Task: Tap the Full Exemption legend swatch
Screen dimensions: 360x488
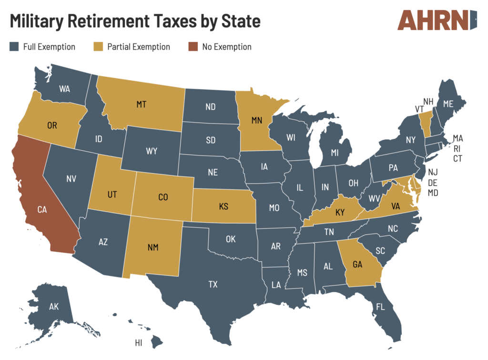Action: (x=14, y=47)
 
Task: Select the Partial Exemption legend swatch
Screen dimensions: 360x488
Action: (x=98, y=47)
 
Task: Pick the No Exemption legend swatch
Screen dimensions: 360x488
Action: (x=193, y=47)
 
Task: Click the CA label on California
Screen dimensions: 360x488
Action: (x=43, y=209)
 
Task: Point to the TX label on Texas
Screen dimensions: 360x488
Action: (x=213, y=285)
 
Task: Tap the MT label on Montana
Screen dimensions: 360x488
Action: (x=141, y=104)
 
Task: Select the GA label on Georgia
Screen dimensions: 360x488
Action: (x=358, y=264)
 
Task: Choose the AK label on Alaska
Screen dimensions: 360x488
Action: (x=54, y=307)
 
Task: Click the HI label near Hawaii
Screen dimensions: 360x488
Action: (x=139, y=343)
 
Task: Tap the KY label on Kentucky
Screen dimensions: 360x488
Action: (x=340, y=212)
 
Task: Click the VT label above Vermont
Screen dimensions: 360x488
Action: (x=419, y=109)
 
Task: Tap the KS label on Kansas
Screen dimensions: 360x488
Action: (x=223, y=207)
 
